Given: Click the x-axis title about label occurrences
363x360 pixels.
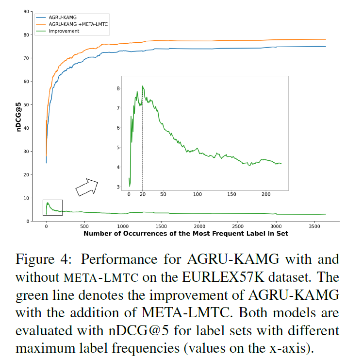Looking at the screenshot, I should tap(186, 234).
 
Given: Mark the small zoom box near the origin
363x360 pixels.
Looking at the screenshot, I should tap(52, 208).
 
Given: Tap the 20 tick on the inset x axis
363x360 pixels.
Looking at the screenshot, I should tap(143, 194).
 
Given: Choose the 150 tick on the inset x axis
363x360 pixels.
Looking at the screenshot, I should tap(231, 194).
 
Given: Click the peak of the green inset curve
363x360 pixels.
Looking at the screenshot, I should tap(143, 86).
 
